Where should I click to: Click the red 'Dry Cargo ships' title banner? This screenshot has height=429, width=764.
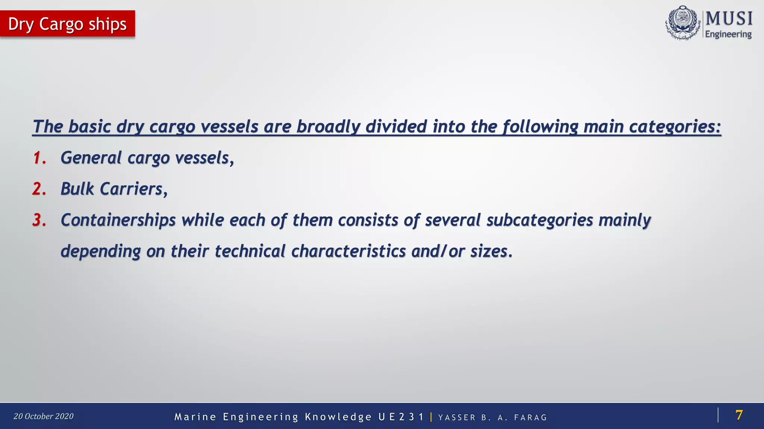pos(68,24)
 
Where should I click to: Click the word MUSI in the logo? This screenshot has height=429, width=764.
pos(729,18)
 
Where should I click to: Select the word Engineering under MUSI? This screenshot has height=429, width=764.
pos(728,34)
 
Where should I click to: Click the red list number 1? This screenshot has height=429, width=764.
pos(39,158)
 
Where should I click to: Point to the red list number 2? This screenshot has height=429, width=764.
pos(39,189)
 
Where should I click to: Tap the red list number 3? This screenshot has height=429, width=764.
pos(39,220)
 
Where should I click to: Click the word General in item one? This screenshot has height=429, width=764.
pos(91,158)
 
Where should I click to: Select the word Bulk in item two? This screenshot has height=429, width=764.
pos(77,189)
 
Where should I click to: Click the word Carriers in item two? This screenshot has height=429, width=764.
pos(131,189)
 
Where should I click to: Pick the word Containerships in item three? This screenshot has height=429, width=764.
pos(118,220)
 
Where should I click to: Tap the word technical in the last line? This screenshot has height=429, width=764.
pos(250,251)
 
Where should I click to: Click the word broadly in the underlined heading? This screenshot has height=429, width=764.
pos(328,127)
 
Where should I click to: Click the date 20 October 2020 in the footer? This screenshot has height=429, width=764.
pos(44,416)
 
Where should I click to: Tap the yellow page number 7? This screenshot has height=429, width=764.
pos(739,415)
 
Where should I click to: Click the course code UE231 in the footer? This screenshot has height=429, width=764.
pos(401,417)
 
